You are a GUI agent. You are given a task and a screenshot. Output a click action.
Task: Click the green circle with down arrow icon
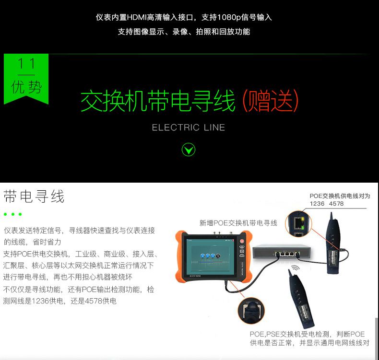point(188,150)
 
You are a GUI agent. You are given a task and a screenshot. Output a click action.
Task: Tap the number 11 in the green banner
point(26,63)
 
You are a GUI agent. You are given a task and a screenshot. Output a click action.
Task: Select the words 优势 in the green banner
point(26,87)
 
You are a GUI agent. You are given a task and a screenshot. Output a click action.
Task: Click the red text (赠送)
point(270,101)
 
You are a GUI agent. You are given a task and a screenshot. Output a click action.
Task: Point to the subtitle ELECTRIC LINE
point(188,127)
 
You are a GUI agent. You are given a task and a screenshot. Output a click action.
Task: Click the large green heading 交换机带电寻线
point(158,101)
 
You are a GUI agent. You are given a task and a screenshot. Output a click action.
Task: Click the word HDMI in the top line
point(137,17)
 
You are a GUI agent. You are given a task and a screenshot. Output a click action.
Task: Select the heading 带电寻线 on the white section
point(34,196)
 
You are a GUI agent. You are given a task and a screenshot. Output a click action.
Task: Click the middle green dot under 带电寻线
point(13,214)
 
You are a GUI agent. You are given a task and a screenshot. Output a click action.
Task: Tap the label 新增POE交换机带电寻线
point(238,223)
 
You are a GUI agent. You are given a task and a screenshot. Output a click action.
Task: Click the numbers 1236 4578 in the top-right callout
point(327,204)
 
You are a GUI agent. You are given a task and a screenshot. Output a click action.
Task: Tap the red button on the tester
point(242,241)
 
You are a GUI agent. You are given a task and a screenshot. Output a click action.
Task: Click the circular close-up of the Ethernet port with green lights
point(298,223)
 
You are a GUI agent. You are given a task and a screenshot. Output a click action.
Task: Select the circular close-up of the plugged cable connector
point(251,310)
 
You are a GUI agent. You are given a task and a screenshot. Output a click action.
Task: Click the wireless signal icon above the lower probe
point(295,267)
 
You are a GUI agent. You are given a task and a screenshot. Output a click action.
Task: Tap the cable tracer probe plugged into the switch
point(334,244)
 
